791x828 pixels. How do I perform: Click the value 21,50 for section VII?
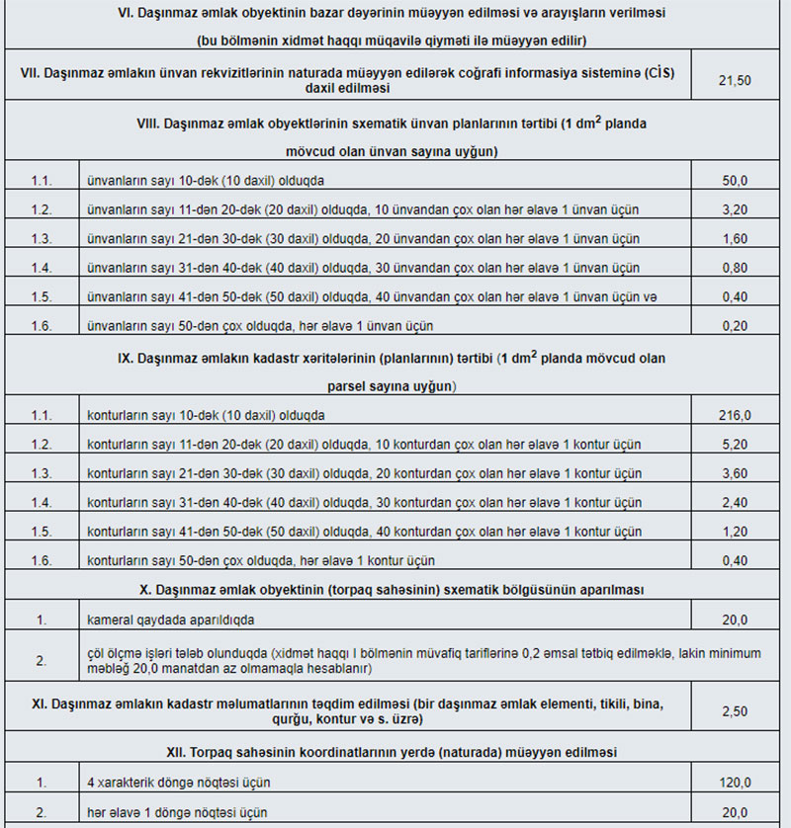click(735, 81)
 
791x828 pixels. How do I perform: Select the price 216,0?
click(735, 415)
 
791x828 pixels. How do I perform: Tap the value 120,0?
click(735, 783)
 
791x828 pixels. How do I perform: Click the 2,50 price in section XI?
click(735, 710)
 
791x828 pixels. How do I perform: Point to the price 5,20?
click(735, 445)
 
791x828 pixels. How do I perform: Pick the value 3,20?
click(735, 210)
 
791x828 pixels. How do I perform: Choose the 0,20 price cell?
click(735, 325)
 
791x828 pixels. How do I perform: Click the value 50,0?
click(735, 182)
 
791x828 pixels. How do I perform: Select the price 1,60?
click(735, 239)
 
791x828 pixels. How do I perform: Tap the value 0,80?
click(735, 268)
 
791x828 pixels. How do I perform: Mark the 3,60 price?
click(735, 473)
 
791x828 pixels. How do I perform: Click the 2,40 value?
click(735, 502)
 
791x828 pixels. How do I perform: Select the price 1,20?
click(735, 532)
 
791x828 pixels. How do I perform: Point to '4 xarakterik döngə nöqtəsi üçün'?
click(179, 783)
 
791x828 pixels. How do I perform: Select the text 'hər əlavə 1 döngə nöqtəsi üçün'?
click(178, 812)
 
